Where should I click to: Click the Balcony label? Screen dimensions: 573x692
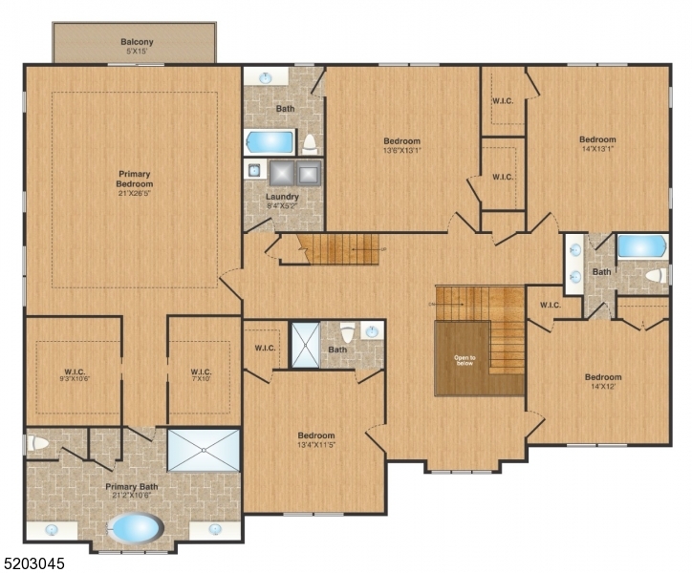pyautogui.click(x=137, y=42)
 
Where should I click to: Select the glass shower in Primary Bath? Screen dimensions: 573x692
pyautogui.click(x=204, y=450)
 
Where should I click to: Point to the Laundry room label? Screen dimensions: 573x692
pyautogui.click(x=282, y=197)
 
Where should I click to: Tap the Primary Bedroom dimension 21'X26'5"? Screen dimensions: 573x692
pyautogui.click(x=135, y=194)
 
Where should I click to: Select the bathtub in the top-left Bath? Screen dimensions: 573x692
pyautogui.click(x=270, y=142)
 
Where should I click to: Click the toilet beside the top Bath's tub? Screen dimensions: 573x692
pyautogui.click(x=310, y=143)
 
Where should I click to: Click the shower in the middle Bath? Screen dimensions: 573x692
pyautogui.click(x=306, y=345)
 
